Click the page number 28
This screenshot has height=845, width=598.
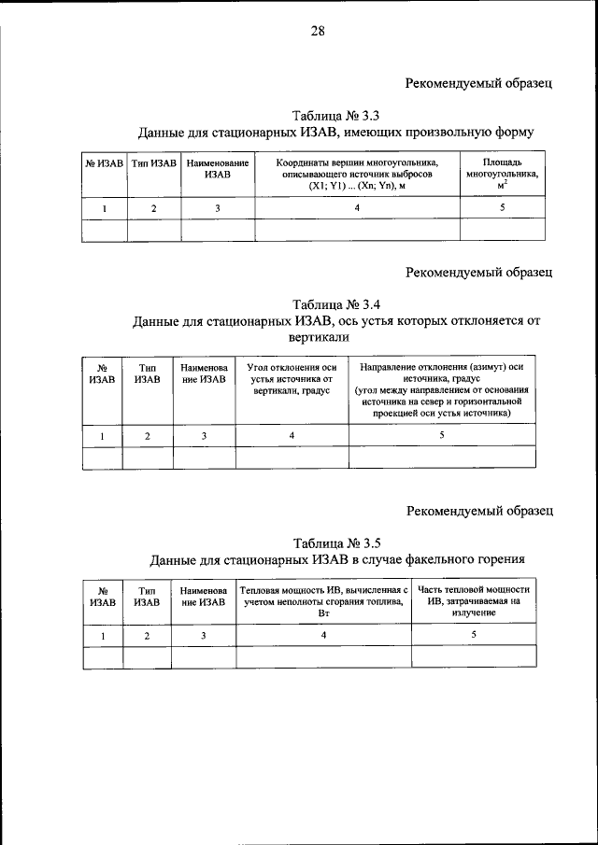(x=317, y=32)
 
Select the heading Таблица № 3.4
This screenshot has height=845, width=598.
(x=335, y=304)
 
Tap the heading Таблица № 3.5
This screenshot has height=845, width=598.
(x=335, y=542)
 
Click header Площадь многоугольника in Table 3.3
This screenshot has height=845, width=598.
(x=502, y=175)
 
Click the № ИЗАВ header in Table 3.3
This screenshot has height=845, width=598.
(x=105, y=164)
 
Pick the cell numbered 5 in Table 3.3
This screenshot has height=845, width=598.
(x=502, y=208)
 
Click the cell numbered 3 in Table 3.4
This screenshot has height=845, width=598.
(x=204, y=435)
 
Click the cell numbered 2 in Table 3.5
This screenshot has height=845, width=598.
(x=147, y=635)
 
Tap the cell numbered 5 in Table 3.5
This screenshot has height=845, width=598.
(x=474, y=635)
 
